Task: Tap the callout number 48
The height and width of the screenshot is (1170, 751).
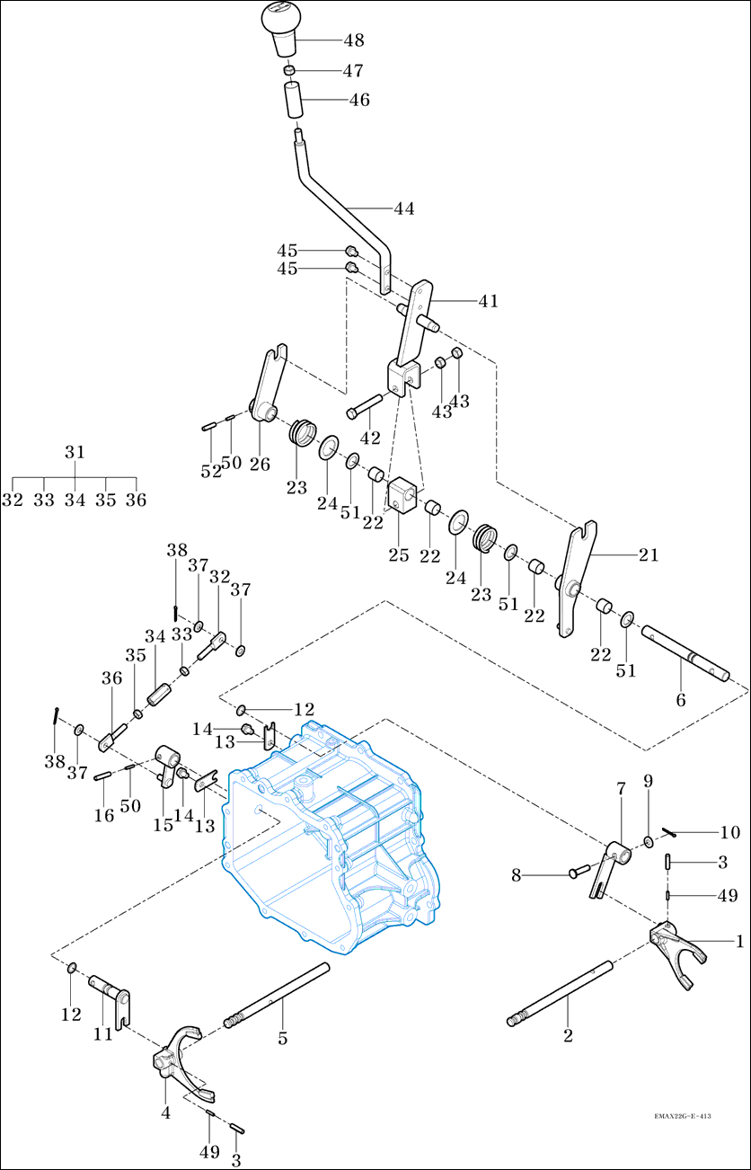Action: [x=353, y=40]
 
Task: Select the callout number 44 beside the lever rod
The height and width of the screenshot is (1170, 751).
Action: [x=403, y=208]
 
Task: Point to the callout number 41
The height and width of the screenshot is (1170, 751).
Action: [x=488, y=301]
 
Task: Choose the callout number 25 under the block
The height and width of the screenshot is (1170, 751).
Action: [x=399, y=555]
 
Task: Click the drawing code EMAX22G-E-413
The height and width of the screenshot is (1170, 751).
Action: [x=683, y=1115]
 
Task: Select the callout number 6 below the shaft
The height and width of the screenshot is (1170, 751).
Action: [x=680, y=699]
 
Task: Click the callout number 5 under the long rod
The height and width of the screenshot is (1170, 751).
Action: [x=282, y=1038]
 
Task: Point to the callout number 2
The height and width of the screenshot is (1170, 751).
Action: [x=568, y=1036]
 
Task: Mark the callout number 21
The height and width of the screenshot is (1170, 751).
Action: [x=649, y=555]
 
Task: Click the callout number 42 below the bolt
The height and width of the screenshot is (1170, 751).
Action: [x=370, y=439]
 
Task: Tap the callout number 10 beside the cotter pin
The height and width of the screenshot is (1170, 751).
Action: [x=728, y=833]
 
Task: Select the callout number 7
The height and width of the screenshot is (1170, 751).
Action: [x=621, y=788]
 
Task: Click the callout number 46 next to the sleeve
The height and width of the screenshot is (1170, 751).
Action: [x=359, y=100]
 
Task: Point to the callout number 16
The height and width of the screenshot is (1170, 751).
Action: [x=104, y=814]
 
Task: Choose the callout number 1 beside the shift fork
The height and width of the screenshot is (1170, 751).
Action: [x=739, y=941]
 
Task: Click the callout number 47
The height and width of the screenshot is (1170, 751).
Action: [x=353, y=70]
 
